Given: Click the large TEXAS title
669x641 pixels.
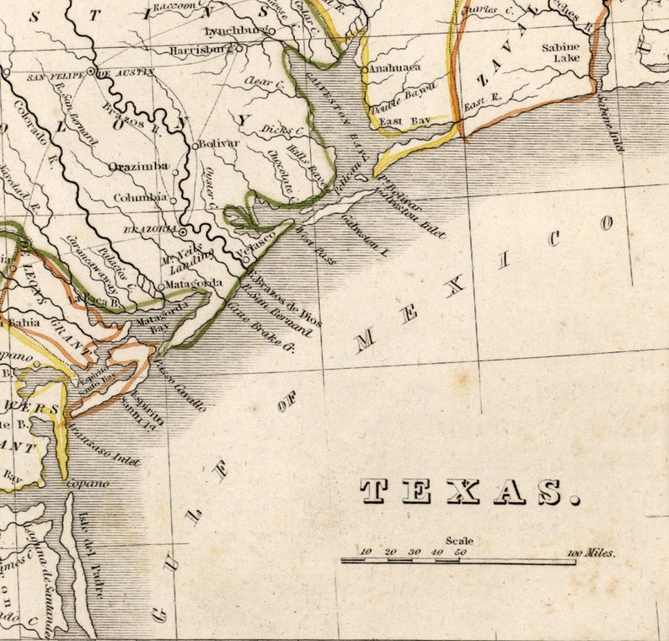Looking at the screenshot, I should tap(468, 491).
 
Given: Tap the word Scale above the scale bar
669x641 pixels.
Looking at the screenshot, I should tap(460, 541).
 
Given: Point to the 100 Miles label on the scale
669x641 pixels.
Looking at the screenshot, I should tap(591, 553).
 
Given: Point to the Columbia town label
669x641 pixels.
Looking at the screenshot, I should tap(141, 197).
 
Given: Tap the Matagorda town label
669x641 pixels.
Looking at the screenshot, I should tap(194, 283).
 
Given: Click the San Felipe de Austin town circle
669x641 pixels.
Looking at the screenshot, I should tap(92, 72).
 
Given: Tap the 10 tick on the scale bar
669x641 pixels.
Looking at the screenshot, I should tap(366, 553).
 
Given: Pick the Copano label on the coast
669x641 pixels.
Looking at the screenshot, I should tap(88, 483).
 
